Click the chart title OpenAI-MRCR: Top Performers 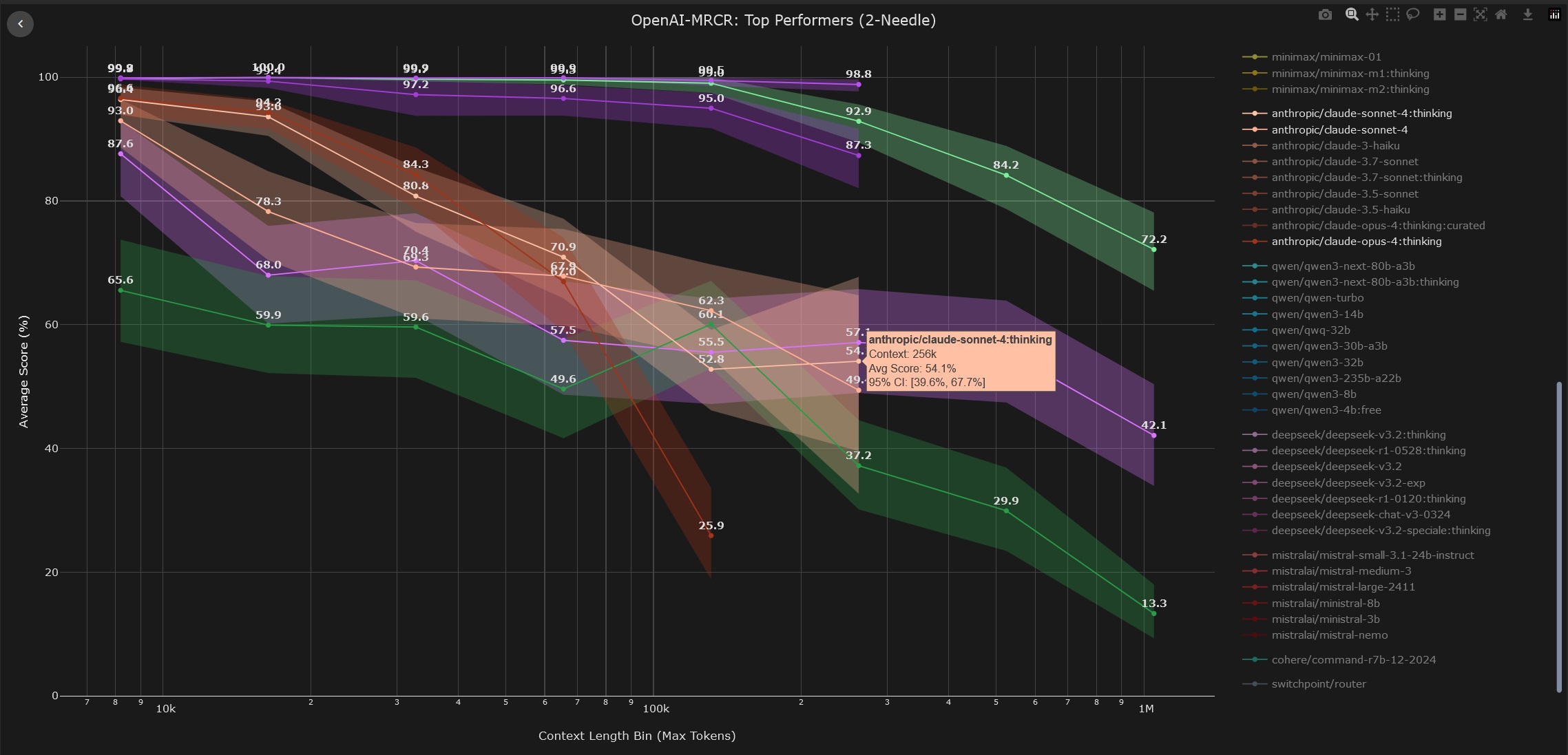click(783, 21)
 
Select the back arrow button click(20, 24)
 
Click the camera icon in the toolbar click(1324, 15)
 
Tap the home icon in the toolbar click(1501, 15)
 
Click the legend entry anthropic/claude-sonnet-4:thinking click(1361, 114)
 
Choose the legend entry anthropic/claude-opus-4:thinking click(1356, 242)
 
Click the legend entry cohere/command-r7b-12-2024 click(1353, 660)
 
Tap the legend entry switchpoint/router click(1318, 684)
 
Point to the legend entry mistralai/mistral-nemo click(1329, 635)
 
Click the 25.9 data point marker click(711, 535)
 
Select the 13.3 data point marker click(1153, 614)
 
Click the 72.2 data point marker click(1153, 250)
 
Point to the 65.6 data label click(121, 280)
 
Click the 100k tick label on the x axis click(655, 709)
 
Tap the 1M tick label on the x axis click(1145, 709)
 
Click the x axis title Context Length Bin click(636, 736)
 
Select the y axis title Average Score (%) click(24, 372)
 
